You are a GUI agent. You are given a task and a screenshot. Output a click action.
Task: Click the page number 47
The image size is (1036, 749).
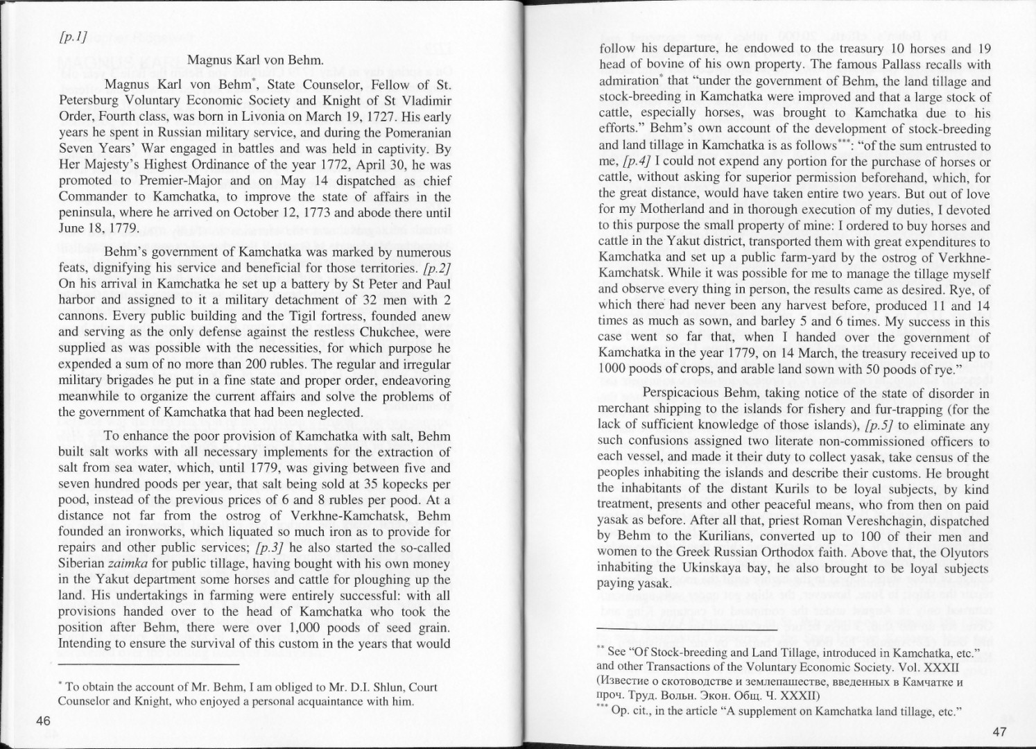999,732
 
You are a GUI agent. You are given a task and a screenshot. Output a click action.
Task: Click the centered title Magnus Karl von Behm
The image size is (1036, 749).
256,60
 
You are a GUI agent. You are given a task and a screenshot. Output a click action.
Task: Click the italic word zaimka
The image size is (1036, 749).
127,563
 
